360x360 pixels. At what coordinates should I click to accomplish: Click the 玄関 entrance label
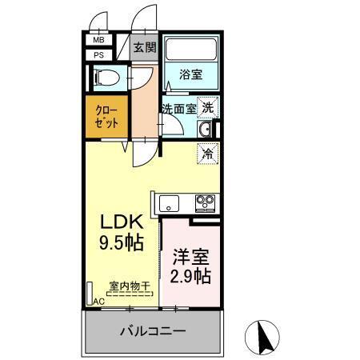pyautogui.click(x=145, y=48)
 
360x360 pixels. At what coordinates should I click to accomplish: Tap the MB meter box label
pyautogui.click(x=98, y=40)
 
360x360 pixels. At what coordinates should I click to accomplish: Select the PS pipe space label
pyautogui.click(x=98, y=54)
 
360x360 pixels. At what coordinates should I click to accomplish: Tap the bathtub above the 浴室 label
pyautogui.click(x=190, y=50)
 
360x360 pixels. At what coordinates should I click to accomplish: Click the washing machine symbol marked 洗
pyautogui.click(x=207, y=106)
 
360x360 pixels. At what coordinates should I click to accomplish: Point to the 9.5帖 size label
pyautogui.click(x=122, y=241)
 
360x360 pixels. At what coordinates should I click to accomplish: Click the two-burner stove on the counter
pyautogui.click(x=205, y=201)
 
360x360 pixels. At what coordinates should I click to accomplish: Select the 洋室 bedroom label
pyautogui.click(x=190, y=258)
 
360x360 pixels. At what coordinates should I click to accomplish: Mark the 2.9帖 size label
pyautogui.click(x=190, y=277)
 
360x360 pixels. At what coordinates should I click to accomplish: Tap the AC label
pyautogui.click(x=98, y=301)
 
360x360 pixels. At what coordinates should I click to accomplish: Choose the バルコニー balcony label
pyautogui.click(x=153, y=330)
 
